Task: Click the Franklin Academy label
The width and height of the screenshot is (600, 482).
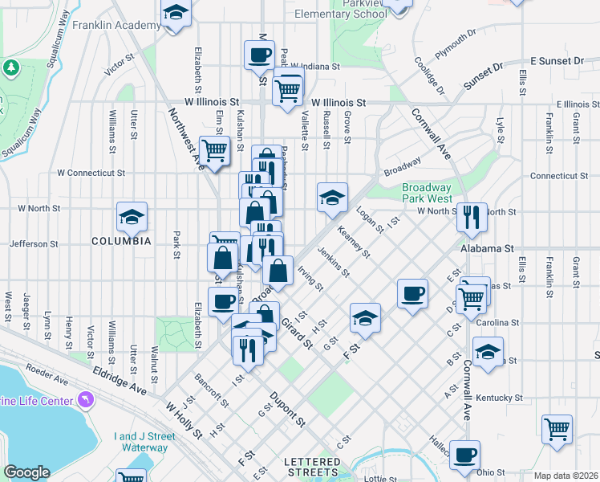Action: coord(116,26)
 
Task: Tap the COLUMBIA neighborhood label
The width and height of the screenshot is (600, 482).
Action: coord(121,241)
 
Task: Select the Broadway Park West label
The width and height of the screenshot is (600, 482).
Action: coord(428,193)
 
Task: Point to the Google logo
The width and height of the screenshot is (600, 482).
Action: coord(26,472)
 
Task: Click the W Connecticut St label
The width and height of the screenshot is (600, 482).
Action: coord(91,173)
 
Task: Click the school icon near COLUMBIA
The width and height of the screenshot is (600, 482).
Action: coord(132,216)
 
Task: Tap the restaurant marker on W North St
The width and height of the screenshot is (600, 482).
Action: coord(472,215)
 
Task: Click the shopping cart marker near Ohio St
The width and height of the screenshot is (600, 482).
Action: coord(557,427)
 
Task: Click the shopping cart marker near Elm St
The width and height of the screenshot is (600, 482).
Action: coord(213,149)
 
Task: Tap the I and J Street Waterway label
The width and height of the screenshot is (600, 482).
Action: coord(145,442)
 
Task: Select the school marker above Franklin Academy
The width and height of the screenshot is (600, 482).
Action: coord(176,13)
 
